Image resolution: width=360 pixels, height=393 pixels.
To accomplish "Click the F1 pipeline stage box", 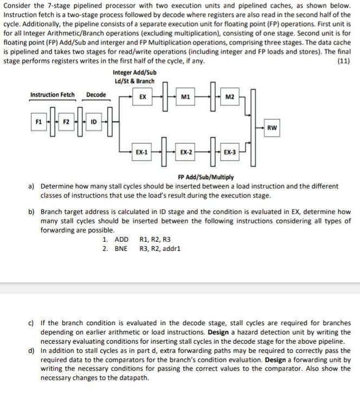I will click(38, 121).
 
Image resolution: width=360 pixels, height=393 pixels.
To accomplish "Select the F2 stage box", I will click(65, 121).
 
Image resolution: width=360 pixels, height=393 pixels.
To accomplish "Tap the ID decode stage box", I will click(93, 121).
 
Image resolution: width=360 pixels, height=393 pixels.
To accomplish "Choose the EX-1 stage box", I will click(142, 153).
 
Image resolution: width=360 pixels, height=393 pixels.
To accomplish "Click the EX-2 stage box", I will click(185, 153).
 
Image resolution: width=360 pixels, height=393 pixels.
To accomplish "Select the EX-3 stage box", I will click(229, 153).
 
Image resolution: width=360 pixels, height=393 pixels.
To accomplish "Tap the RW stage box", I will click(272, 128).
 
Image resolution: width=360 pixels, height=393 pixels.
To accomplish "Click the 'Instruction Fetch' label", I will click(53, 95).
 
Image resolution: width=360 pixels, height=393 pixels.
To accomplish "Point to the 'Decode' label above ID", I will click(96, 95).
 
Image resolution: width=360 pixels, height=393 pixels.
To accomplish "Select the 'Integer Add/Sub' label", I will click(134, 73).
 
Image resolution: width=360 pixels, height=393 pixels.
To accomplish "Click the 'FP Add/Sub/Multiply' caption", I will click(206, 177).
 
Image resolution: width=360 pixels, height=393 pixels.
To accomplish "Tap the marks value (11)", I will click(343, 61).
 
